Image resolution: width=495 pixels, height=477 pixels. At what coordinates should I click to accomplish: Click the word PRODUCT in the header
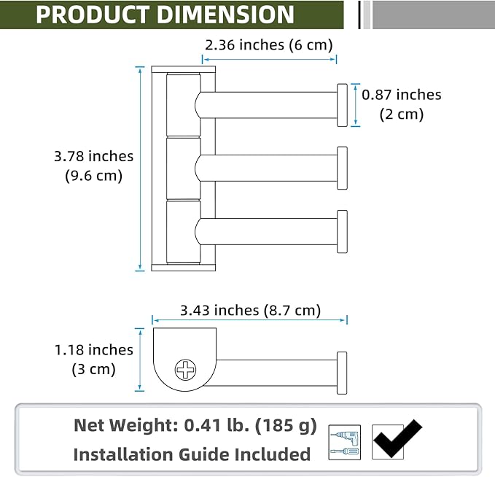(x=92, y=15)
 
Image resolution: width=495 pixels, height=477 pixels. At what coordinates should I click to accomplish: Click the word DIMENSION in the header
(x=225, y=15)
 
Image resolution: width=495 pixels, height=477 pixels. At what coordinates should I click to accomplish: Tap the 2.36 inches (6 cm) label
(x=269, y=45)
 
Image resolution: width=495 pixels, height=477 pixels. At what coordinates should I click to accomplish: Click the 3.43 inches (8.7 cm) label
(x=250, y=310)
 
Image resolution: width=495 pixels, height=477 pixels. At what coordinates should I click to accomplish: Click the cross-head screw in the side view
(x=185, y=370)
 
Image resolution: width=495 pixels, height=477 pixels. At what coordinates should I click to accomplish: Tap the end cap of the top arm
(x=342, y=105)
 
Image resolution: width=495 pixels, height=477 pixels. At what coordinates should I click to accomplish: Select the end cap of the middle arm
(x=342, y=168)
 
